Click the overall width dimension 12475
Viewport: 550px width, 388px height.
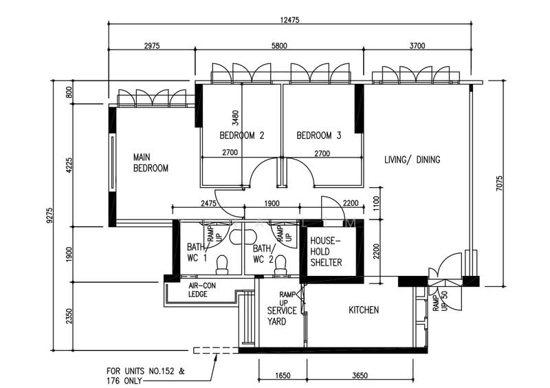(289, 20)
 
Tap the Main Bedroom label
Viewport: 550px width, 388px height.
(151, 162)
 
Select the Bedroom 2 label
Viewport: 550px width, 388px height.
(242, 136)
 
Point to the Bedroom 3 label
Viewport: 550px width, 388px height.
(319, 136)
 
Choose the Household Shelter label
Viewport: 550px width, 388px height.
(326, 252)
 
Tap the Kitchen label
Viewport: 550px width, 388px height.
(364, 310)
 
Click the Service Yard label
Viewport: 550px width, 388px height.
(282, 316)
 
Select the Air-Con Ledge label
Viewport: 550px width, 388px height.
(202, 290)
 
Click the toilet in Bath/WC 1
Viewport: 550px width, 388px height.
(221, 265)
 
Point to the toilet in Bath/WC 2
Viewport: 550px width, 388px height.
(280, 265)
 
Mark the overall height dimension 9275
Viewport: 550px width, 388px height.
(49, 215)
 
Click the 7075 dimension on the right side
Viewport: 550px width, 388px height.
(500, 183)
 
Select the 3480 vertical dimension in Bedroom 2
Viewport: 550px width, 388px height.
(235, 118)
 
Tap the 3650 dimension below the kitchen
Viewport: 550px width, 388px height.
(360, 376)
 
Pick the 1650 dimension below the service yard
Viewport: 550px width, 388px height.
(283, 376)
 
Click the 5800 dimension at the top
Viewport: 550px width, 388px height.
(280, 45)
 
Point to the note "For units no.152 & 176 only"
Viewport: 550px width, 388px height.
(146, 376)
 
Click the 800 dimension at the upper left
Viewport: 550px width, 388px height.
(69, 92)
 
